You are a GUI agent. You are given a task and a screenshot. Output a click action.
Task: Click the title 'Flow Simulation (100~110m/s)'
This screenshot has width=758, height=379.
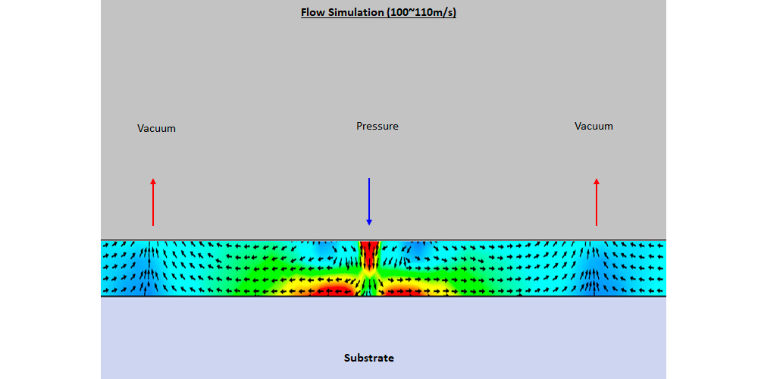[378, 13]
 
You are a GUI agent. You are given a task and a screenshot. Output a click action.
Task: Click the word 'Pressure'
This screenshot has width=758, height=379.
[377, 126]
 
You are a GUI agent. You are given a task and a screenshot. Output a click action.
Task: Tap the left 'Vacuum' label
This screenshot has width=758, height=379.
[156, 129]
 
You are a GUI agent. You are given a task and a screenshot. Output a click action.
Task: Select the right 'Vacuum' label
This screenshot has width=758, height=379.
[594, 126]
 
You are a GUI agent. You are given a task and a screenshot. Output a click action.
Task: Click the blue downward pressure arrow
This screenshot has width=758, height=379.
[369, 202]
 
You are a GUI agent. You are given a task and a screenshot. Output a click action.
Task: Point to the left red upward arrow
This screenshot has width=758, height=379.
[153, 202]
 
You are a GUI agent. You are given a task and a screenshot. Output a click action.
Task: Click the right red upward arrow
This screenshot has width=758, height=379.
[596, 202]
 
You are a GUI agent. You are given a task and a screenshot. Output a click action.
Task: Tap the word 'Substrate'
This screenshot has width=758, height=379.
[369, 359]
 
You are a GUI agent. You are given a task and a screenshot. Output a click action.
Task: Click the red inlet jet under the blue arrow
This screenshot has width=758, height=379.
[369, 253]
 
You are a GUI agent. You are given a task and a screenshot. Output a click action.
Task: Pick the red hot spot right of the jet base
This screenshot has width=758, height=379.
[404, 291]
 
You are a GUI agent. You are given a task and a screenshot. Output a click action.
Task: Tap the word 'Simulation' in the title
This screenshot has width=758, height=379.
[356, 13]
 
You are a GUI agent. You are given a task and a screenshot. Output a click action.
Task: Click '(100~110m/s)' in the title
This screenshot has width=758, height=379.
[421, 13]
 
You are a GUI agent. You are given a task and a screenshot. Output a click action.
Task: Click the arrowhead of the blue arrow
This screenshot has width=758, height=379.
[369, 223]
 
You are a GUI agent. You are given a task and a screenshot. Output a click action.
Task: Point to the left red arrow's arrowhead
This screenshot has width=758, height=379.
[153, 181]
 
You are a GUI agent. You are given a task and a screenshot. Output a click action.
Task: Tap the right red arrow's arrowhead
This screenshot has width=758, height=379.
[596, 181]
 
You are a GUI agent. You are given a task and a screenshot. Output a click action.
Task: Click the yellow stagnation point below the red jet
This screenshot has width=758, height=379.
[369, 273]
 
